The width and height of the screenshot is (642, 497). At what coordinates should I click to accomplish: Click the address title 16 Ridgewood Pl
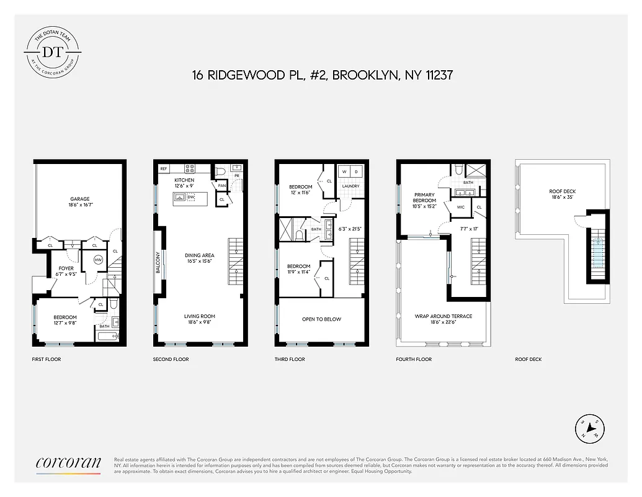[x=321, y=75]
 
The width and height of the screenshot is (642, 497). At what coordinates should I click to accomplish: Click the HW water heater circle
[x=98, y=260]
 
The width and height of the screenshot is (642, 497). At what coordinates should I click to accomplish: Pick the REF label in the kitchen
[x=164, y=168]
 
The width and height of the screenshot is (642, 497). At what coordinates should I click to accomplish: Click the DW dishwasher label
[x=191, y=198]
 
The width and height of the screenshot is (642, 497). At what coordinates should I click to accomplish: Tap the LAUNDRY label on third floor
[x=350, y=186]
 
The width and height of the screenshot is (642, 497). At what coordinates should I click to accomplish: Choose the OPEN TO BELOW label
[x=321, y=319]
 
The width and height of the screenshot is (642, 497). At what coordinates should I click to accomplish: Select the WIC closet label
[x=461, y=207]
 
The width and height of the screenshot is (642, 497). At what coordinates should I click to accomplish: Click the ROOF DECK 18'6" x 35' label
[x=562, y=194]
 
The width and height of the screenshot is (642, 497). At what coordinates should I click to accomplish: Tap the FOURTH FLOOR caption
[x=414, y=359]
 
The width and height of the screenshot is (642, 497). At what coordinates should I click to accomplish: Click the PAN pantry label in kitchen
[x=221, y=185]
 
